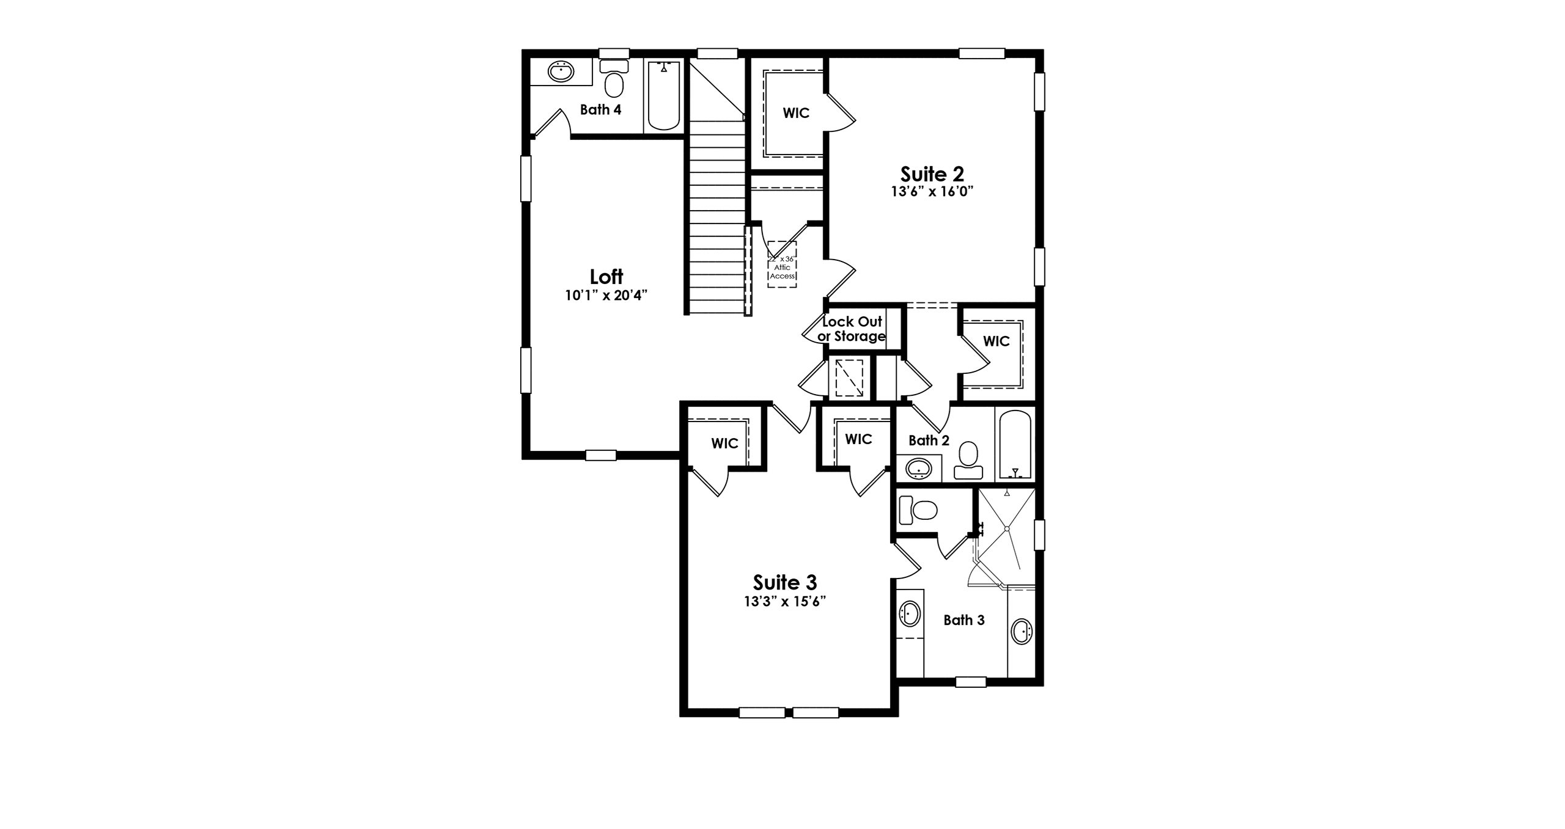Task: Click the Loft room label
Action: click(606, 277)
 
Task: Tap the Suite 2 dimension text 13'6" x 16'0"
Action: click(932, 191)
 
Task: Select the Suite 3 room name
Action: click(785, 582)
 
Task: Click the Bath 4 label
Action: click(601, 110)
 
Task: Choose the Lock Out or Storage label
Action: click(852, 329)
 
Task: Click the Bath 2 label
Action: click(929, 440)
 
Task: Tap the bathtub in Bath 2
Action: click(1015, 447)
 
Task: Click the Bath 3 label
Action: click(964, 621)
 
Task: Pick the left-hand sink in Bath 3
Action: click(910, 613)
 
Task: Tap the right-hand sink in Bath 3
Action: click(1022, 631)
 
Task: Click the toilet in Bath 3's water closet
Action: click(919, 509)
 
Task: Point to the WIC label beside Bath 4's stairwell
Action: click(796, 113)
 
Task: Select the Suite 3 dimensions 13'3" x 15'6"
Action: click(785, 601)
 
